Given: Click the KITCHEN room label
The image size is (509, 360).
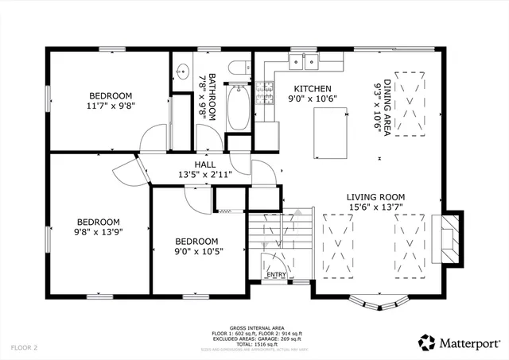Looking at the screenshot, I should point(308,88).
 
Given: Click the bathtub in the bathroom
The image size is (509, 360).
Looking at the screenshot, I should point(238,107).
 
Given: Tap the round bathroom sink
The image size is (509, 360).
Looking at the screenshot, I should point(180,68).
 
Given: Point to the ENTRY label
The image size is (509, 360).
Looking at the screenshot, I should point(276,275).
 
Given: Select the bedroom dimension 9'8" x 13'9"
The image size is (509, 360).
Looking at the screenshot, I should point(98,232).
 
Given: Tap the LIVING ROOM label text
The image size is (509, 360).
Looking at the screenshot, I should point(375,197).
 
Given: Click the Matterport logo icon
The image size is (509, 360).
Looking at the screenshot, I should point(426,343).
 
